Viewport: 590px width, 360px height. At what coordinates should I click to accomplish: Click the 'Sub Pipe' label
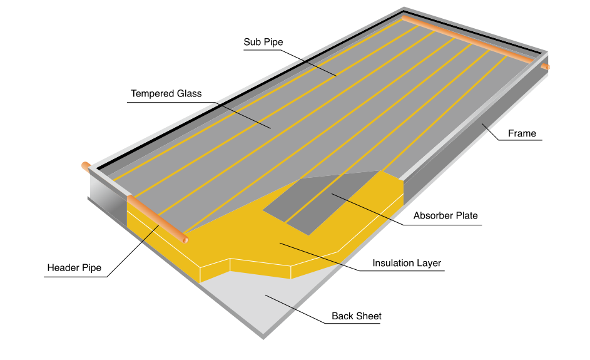click(x=263, y=43)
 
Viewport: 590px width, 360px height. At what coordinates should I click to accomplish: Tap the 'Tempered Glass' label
click(x=166, y=94)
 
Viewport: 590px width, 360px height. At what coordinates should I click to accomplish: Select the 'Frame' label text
click(x=521, y=133)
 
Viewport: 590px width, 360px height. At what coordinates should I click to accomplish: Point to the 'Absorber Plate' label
click(x=445, y=216)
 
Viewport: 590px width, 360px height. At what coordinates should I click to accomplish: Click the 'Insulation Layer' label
click(x=407, y=263)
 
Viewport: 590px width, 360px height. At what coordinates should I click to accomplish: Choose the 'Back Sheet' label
click(x=356, y=316)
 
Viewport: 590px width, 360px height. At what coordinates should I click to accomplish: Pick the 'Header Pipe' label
click(x=74, y=268)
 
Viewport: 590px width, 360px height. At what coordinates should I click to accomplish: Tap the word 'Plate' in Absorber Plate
click(x=466, y=216)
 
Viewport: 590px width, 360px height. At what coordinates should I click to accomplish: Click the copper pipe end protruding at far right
click(x=546, y=66)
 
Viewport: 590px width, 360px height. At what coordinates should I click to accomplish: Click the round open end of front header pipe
click(x=185, y=239)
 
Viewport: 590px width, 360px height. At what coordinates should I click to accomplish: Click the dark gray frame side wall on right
click(x=476, y=150)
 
